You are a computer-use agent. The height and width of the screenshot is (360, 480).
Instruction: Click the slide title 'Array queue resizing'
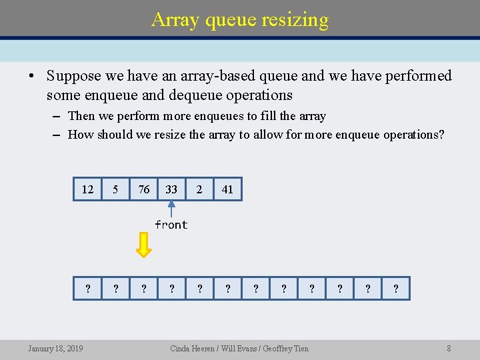coord(240,19)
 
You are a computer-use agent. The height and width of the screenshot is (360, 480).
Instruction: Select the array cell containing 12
coord(87,189)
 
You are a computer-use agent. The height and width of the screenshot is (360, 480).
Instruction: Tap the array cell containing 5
coord(115,189)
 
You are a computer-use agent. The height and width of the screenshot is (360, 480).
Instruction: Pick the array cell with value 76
coord(143,189)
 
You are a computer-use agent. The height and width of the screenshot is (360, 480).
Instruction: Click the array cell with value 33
coord(171,189)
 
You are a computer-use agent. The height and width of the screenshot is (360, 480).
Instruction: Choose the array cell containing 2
coord(199,189)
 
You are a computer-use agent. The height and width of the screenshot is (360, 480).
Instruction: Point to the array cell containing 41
coord(227,189)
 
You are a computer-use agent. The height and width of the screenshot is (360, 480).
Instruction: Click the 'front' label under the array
coord(171,225)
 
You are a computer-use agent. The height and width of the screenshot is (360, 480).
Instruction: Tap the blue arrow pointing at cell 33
coord(171,209)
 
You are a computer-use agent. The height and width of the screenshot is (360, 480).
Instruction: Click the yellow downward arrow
coord(143,244)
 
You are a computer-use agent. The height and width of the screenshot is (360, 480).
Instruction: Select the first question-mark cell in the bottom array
coord(87,289)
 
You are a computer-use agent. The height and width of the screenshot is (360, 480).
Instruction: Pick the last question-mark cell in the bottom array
coord(396,289)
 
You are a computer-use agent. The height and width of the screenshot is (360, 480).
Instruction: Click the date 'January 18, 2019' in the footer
coord(55,348)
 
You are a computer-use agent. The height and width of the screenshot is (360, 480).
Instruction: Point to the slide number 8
coord(449,348)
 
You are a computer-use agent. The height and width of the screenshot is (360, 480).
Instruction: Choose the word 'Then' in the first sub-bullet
coord(81,116)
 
